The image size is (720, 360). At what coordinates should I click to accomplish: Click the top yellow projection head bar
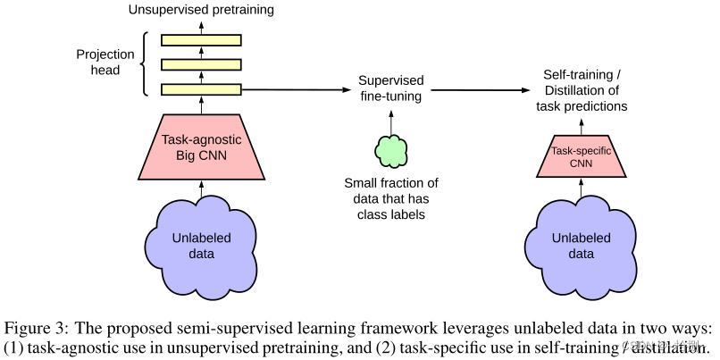coord(201,40)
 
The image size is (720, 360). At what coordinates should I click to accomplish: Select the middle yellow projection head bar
coord(201,64)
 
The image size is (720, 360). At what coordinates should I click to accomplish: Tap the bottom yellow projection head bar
coord(201,89)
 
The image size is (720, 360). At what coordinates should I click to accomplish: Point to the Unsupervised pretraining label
coord(201,11)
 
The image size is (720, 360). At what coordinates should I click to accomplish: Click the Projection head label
coord(105,62)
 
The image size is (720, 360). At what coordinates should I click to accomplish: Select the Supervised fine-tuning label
coord(390,88)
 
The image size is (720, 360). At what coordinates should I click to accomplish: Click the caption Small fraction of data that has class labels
coord(391,198)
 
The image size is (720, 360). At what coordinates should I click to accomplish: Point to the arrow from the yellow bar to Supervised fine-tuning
coord(295,89)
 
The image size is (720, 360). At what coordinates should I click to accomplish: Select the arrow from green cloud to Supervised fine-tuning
coord(390,119)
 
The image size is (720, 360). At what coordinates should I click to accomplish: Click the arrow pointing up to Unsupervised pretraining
coord(201,25)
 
